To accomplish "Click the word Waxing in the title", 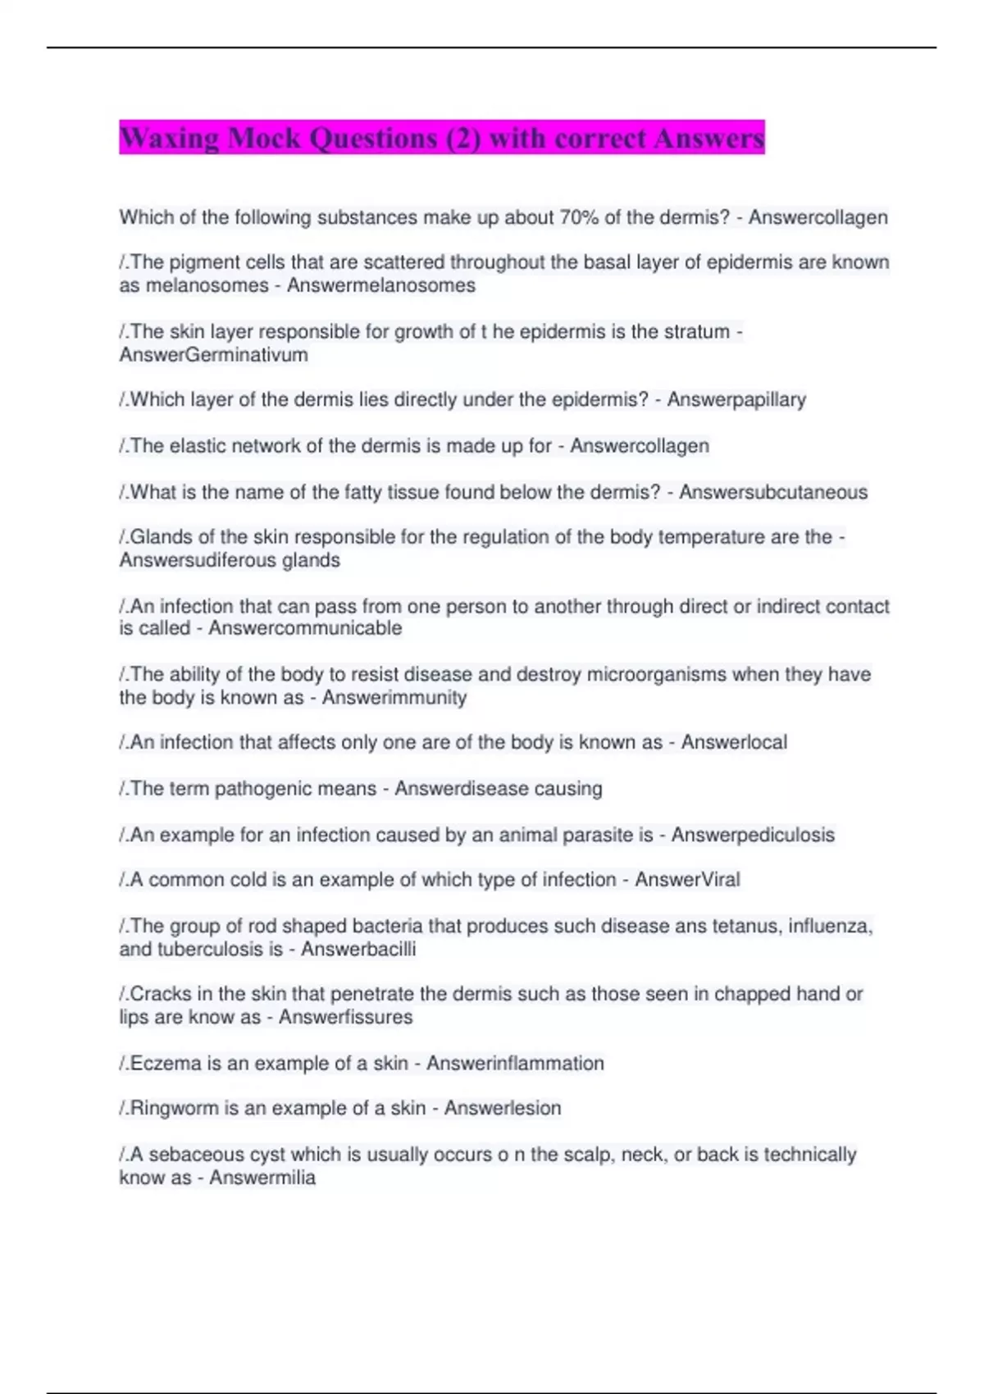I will click(x=169, y=138).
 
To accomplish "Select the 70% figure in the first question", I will click(x=579, y=217).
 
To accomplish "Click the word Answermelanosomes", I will click(x=380, y=285).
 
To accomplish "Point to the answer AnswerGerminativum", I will click(x=213, y=355).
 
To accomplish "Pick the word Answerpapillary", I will click(x=736, y=399).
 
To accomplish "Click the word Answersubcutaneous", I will click(x=772, y=492).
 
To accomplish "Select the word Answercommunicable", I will click(x=305, y=628).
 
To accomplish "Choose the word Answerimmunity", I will click(x=394, y=698).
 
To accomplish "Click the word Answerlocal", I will click(x=733, y=742).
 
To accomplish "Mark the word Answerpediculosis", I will click(x=752, y=835).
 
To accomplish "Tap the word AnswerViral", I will click(x=687, y=880).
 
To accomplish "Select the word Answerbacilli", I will click(x=358, y=949).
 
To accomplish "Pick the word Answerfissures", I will click(x=345, y=1018).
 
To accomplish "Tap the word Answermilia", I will click(x=262, y=1178).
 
